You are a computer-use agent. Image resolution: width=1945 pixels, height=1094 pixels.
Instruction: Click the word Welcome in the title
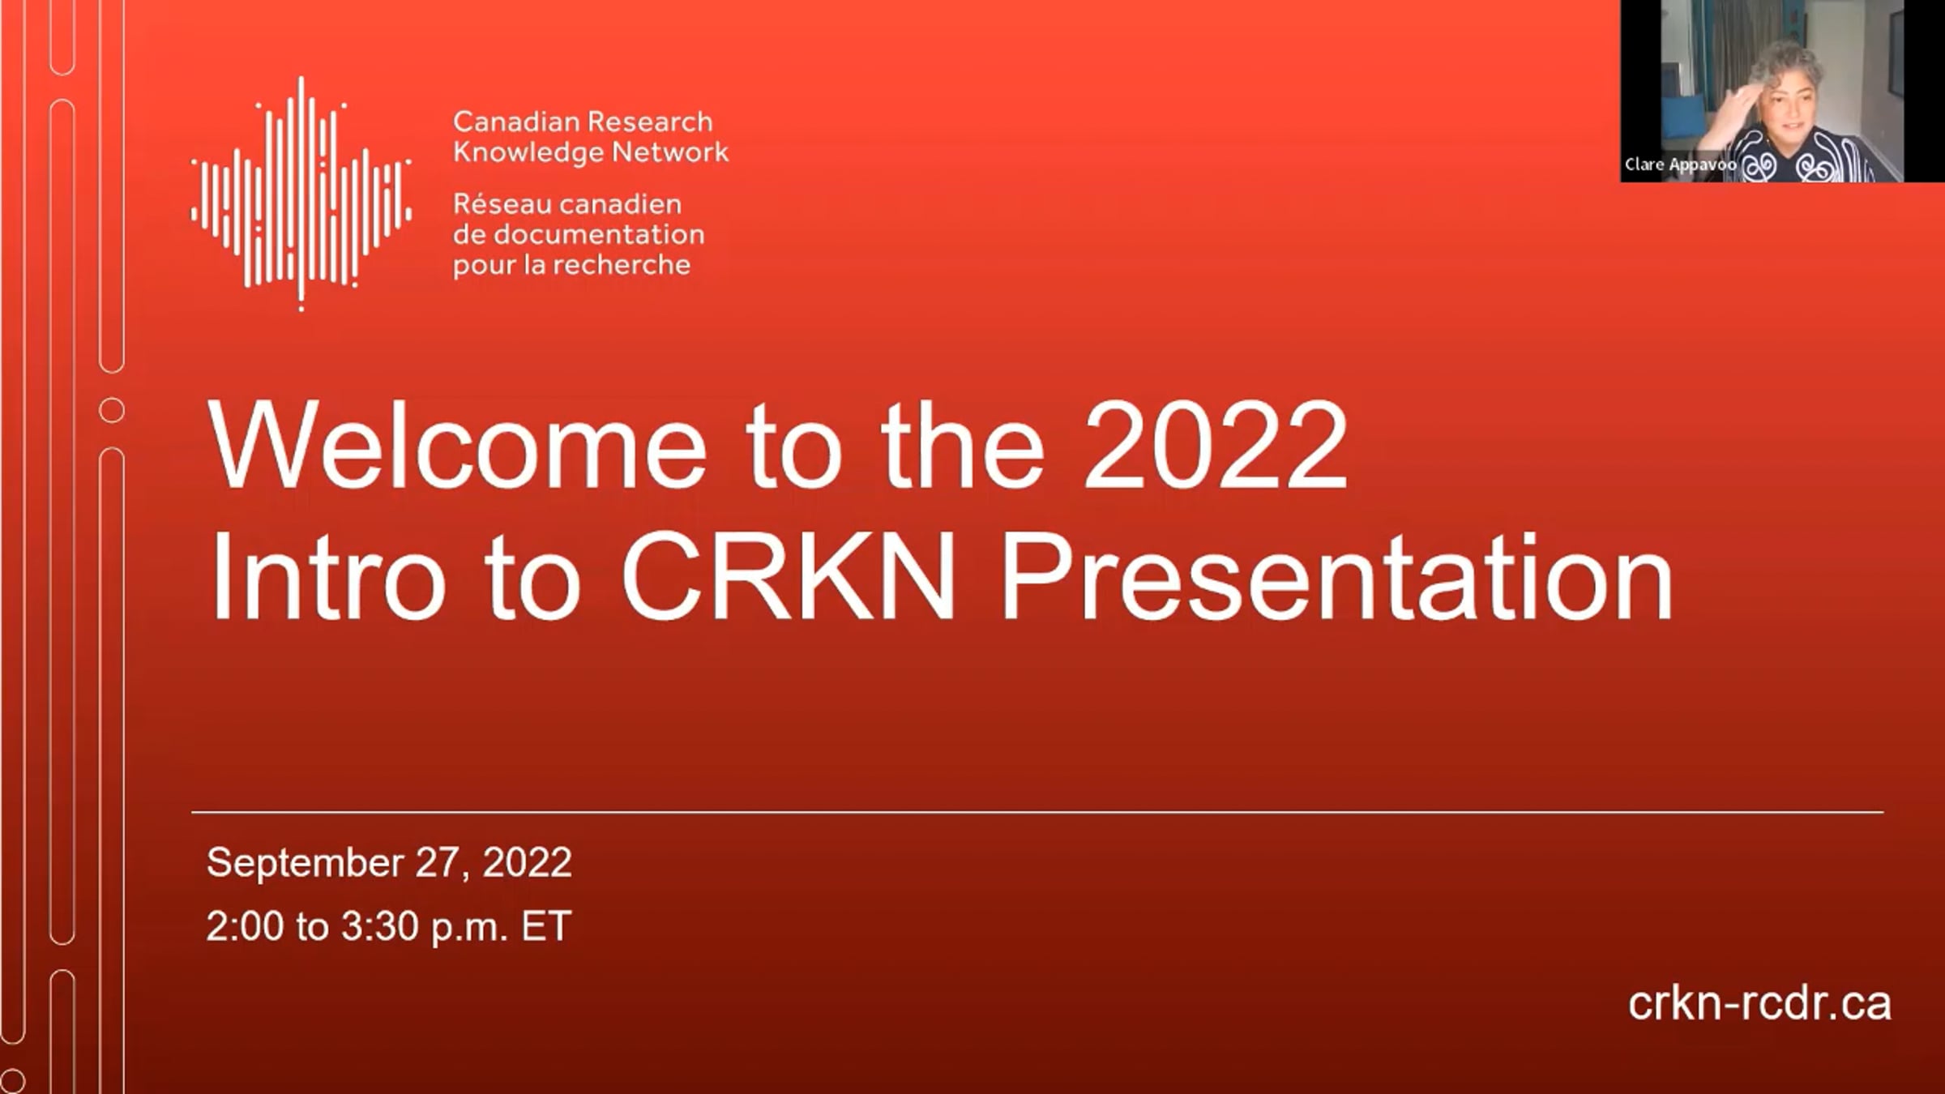click(x=457, y=445)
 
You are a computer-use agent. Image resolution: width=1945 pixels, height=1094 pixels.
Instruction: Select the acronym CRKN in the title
click(x=789, y=576)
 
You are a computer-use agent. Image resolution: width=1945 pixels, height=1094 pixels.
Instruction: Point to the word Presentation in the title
click(x=1336, y=576)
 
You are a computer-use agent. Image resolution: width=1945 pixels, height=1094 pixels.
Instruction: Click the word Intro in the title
click(x=327, y=576)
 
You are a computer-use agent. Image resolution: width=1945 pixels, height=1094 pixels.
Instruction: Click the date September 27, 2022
click(x=389, y=862)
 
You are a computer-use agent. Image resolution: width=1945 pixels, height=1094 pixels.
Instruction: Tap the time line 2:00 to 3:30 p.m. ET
click(x=389, y=926)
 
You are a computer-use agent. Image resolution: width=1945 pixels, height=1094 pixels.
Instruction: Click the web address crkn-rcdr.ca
click(x=1759, y=1003)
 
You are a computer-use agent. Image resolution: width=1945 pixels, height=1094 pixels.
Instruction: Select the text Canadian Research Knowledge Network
click(x=590, y=137)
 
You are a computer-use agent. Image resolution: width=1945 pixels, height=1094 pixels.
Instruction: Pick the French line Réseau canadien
click(x=566, y=203)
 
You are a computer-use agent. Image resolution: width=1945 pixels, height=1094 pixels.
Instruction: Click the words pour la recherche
click(x=571, y=265)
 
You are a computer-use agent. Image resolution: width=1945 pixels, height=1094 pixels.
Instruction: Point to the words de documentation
click(x=579, y=234)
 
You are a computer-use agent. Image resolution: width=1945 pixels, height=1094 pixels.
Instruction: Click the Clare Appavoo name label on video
click(x=1681, y=165)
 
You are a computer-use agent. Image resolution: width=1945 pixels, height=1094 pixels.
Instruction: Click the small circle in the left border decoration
click(x=112, y=411)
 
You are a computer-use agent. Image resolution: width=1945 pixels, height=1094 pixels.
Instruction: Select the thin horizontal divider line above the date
click(x=1037, y=811)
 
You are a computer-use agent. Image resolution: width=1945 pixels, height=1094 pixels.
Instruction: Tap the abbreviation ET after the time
click(x=546, y=926)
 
